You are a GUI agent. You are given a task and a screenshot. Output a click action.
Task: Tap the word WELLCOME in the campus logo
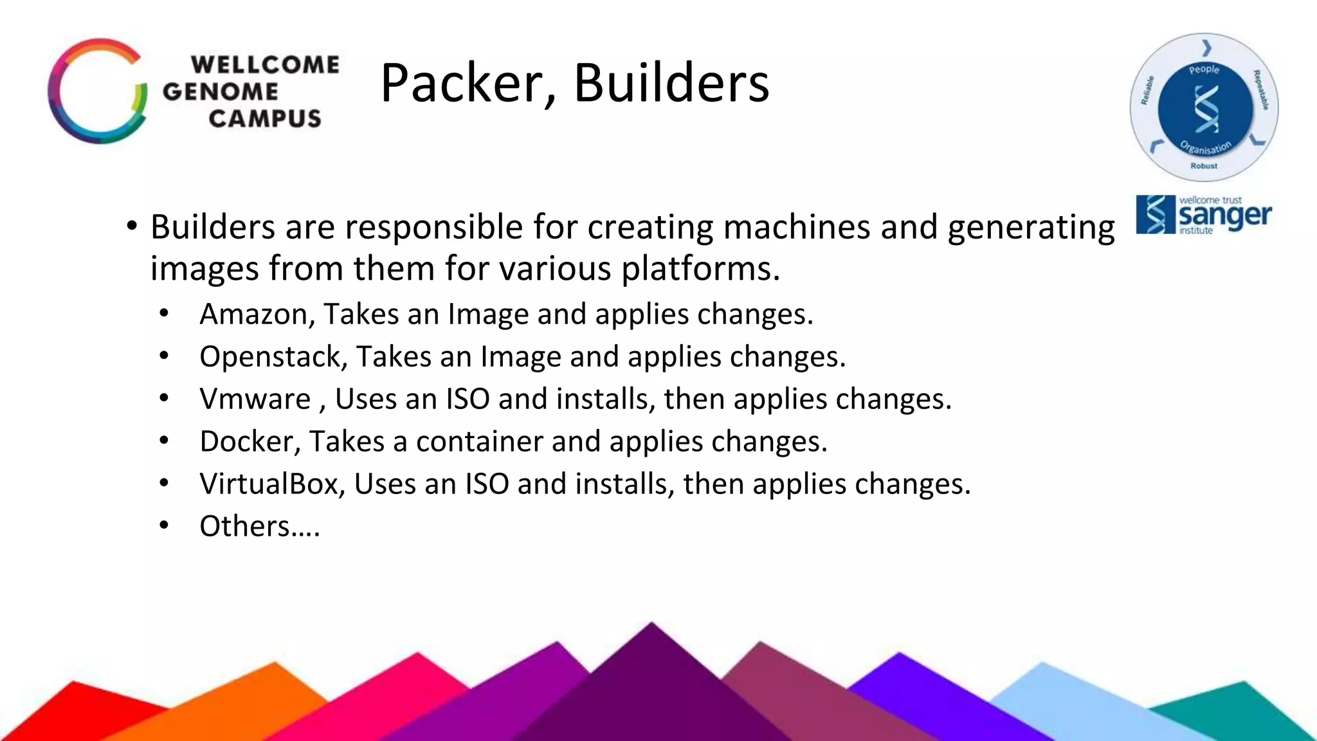pyautogui.click(x=265, y=64)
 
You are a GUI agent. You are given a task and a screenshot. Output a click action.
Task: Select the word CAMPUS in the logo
pyautogui.click(x=264, y=118)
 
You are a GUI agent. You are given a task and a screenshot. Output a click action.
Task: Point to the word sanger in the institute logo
pyautogui.click(x=1225, y=216)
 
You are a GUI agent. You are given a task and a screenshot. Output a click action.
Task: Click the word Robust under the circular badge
pyautogui.click(x=1203, y=166)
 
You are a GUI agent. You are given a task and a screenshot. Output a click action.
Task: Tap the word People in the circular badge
pyautogui.click(x=1204, y=69)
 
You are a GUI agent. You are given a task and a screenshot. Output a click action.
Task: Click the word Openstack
pyautogui.click(x=273, y=357)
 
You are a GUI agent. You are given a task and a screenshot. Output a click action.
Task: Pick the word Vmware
pyautogui.click(x=255, y=399)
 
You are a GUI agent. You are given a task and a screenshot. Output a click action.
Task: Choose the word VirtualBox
pyautogui.click(x=269, y=484)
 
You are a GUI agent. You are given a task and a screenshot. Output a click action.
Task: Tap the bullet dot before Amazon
pyautogui.click(x=164, y=314)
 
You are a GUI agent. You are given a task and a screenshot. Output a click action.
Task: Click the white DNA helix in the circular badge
pyautogui.click(x=1206, y=109)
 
